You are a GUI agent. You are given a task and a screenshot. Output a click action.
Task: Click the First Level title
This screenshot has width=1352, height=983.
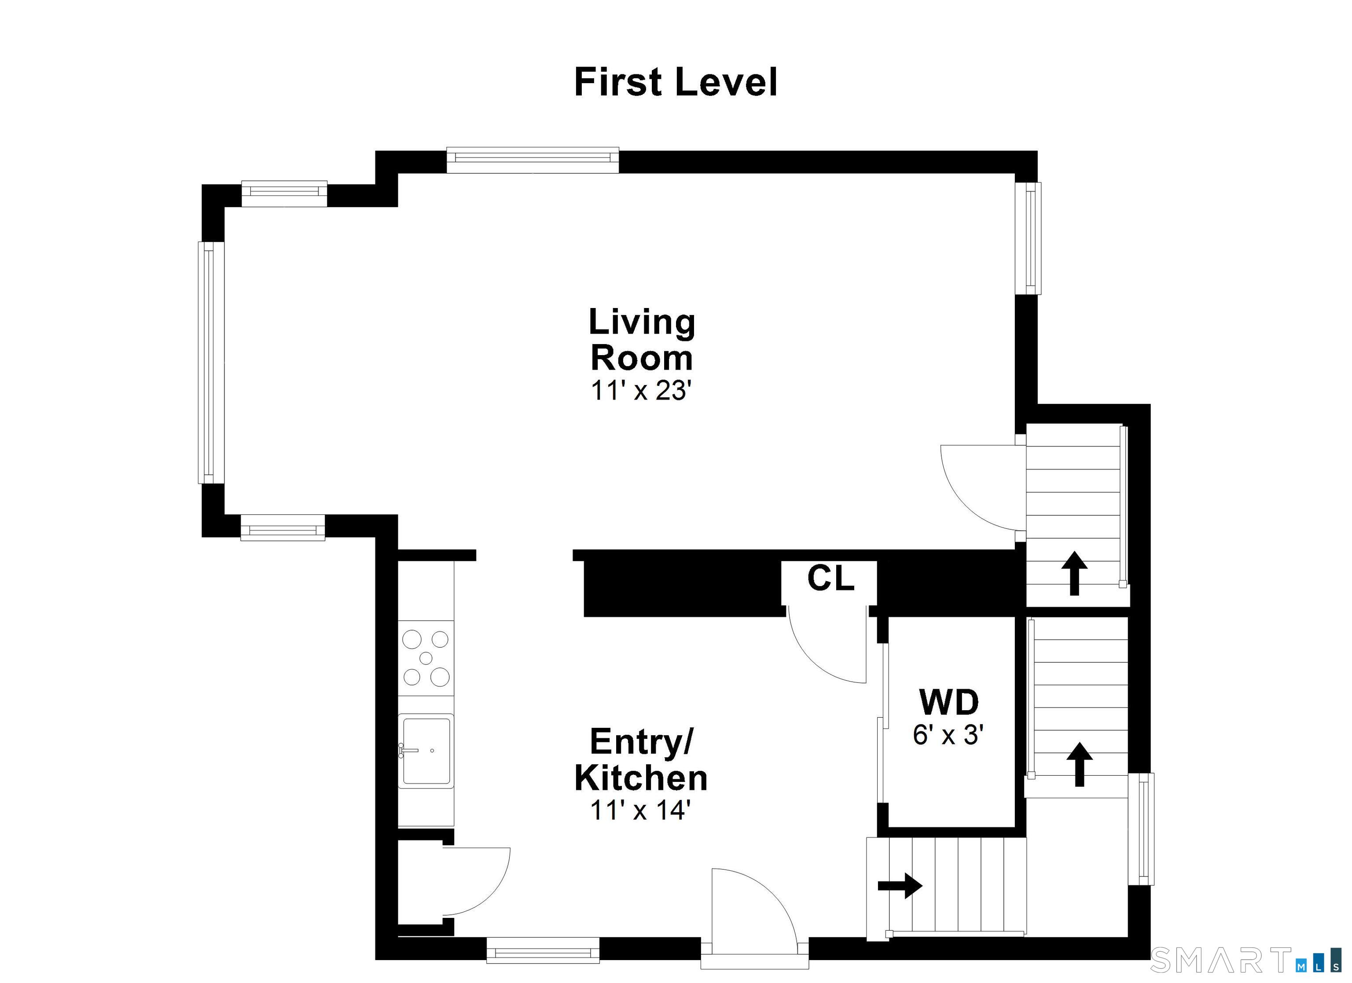click(676, 82)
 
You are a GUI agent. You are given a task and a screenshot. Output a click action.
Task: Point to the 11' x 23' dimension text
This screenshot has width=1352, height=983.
click(641, 391)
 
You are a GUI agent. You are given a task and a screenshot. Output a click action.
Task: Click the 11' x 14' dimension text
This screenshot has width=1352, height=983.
click(641, 811)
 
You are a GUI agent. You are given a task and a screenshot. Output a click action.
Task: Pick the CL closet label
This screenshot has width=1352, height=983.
click(831, 578)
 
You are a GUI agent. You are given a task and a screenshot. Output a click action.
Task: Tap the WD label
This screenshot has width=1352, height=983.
click(948, 702)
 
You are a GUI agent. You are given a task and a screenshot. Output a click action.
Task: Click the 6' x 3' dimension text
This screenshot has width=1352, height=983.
click(948, 735)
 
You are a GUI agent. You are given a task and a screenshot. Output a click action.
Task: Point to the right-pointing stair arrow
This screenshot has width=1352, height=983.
click(900, 886)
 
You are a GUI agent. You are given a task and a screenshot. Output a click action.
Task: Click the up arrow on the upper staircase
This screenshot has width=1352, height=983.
click(1074, 573)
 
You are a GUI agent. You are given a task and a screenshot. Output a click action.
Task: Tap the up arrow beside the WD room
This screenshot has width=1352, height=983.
click(1080, 764)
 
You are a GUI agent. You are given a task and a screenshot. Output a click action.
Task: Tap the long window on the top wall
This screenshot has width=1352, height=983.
click(533, 160)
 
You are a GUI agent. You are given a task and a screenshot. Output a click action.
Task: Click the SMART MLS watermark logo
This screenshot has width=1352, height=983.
click(1251, 960)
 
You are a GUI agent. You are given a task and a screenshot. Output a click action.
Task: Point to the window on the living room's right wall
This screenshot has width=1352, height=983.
click(1029, 238)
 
